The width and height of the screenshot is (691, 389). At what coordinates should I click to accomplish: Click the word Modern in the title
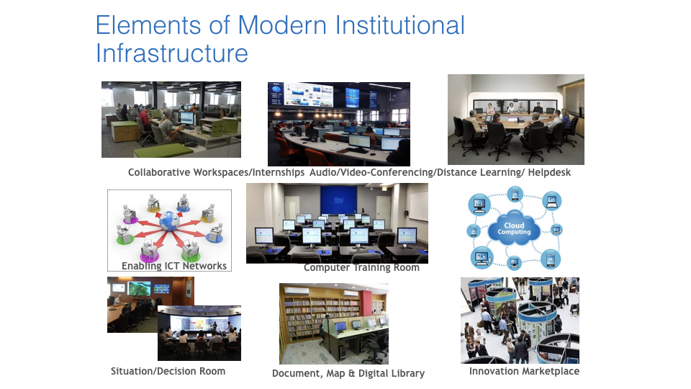point(282,25)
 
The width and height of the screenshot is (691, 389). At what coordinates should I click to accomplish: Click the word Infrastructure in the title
point(172,53)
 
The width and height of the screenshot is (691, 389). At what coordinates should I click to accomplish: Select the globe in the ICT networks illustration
point(168,221)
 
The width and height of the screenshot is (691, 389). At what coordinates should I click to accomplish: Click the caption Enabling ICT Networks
point(174,266)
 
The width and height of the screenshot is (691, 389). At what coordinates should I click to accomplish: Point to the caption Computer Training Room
point(361,267)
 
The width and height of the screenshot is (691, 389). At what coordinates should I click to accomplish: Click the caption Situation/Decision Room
point(168,372)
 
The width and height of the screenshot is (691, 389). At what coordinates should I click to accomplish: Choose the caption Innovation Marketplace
point(524,372)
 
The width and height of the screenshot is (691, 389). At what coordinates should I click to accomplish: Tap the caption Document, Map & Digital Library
point(348,374)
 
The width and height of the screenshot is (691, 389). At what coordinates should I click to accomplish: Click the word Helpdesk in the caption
point(549,172)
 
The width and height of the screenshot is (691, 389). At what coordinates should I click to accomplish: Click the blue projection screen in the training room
point(338,200)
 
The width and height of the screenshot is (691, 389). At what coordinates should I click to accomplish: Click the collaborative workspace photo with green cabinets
point(171,120)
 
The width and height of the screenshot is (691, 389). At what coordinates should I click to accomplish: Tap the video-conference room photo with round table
point(516,120)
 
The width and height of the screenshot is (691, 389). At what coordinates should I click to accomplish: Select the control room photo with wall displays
point(339,124)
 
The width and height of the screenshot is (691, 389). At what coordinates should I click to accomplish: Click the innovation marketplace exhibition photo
point(520,321)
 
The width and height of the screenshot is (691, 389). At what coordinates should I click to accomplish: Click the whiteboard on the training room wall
point(418,207)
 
